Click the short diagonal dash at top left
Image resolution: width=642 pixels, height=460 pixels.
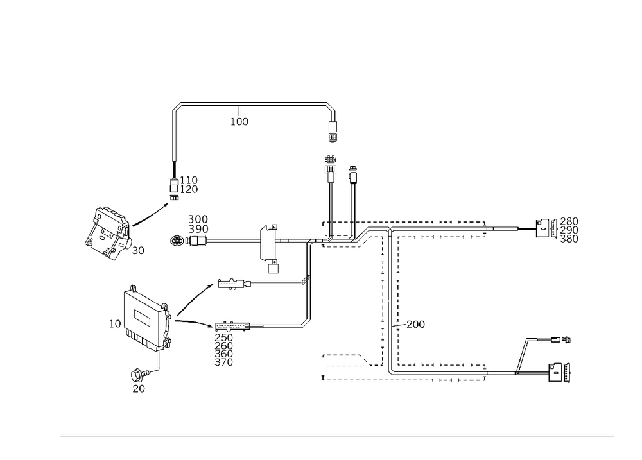coord(178,106)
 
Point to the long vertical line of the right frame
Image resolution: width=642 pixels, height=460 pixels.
coord(398,302)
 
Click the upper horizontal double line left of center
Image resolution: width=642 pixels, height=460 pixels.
coord(276,282)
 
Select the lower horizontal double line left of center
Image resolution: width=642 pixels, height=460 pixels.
coord(276,327)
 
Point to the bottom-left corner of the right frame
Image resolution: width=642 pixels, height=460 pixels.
coord(391,372)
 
